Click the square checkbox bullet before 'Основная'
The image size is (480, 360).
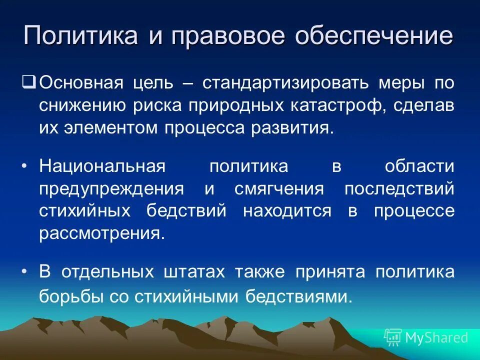(x=29, y=80)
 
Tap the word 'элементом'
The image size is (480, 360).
(x=111, y=127)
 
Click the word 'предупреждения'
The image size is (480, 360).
(x=110, y=189)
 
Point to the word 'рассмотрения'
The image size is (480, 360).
(x=101, y=234)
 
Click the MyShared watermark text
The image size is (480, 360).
(x=436, y=337)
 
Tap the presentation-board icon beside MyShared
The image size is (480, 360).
(x=393, y=337)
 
